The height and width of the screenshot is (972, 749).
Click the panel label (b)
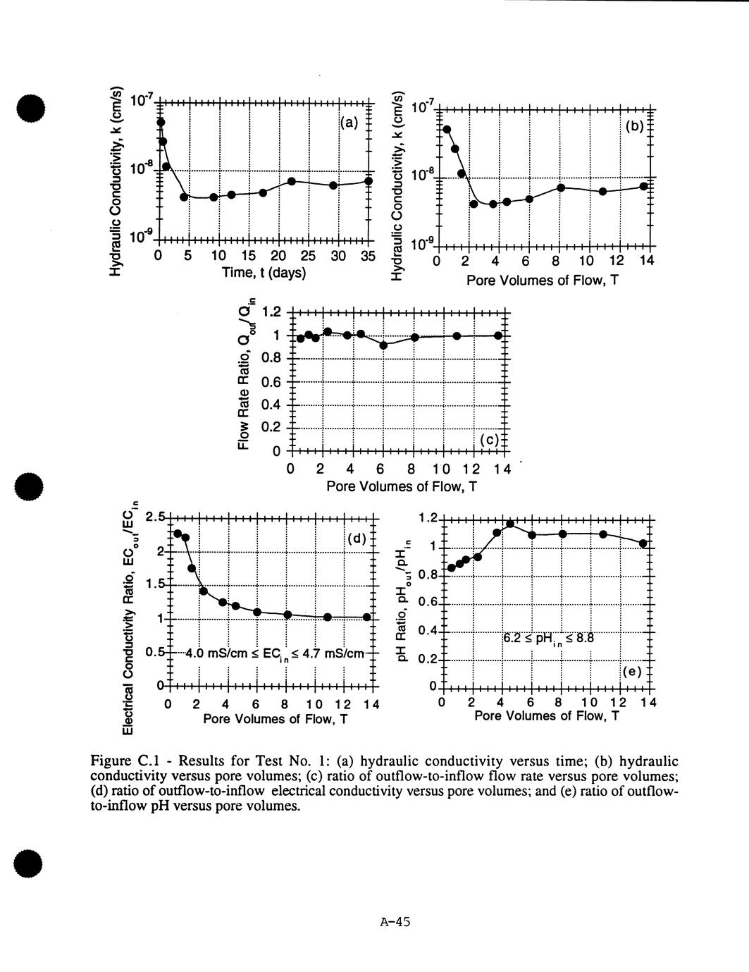[x=635, y=127]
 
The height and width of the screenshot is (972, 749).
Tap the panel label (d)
[x=357, y=539]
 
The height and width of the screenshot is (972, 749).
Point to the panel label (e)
[x=631, y=671]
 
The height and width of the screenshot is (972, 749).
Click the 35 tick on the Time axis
[x=368, y=255]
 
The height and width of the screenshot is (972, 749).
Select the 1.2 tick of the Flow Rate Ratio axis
[x=271, y=312]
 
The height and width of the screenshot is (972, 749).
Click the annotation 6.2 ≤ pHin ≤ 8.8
[x=549, y=639]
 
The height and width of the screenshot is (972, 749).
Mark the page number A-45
[x=395, y=921]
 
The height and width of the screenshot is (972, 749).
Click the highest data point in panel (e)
[x=510, y=524]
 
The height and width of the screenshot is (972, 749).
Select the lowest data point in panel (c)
[x=383, y=345]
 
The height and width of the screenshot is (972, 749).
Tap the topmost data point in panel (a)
[x=161, y=123]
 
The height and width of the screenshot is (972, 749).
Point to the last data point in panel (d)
[x=366, y=617]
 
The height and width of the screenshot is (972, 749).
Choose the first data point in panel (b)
[x=447, y=129]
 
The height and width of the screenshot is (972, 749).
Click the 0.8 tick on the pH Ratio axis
[x=423, y=575]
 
